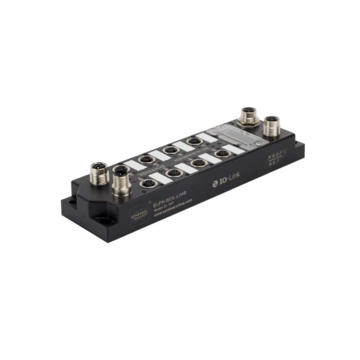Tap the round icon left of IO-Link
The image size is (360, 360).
pos(216,182)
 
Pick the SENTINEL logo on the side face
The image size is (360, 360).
pos(138,212)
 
